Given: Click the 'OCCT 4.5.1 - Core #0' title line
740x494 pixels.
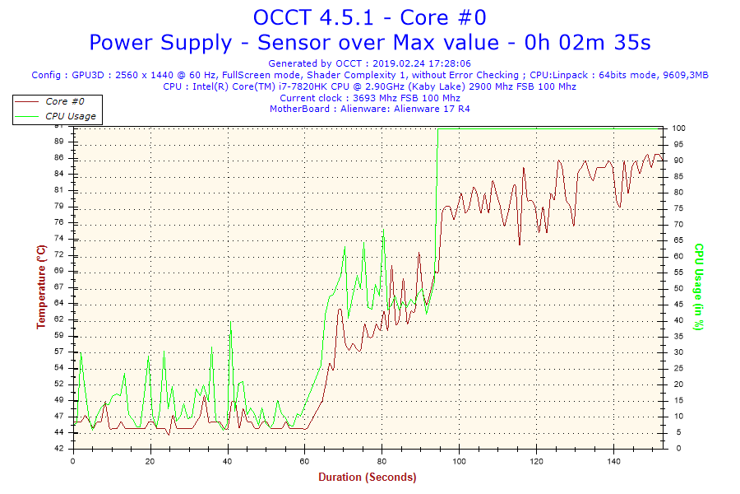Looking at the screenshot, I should (x=369, y=17).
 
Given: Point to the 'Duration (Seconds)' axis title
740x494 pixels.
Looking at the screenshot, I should (x=367, y=477).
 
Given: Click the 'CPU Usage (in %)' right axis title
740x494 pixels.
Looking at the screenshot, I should (x=699, y=287).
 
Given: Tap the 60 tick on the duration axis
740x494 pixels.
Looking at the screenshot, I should (x=305, y=460).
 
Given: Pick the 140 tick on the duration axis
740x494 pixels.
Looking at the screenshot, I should (x=613, y=460).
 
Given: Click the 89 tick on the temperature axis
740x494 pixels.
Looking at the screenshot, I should (x=58, y=142).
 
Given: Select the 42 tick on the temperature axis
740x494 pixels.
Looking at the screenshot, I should (x=58, y=449).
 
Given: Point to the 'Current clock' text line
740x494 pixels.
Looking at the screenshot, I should (x=370, y=98).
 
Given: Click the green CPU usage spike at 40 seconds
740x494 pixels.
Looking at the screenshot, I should (x=230, y=321).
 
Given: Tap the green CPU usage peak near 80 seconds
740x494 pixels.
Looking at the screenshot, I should (x=383, y=229).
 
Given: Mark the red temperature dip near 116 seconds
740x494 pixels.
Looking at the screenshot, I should (x=520, y=244).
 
